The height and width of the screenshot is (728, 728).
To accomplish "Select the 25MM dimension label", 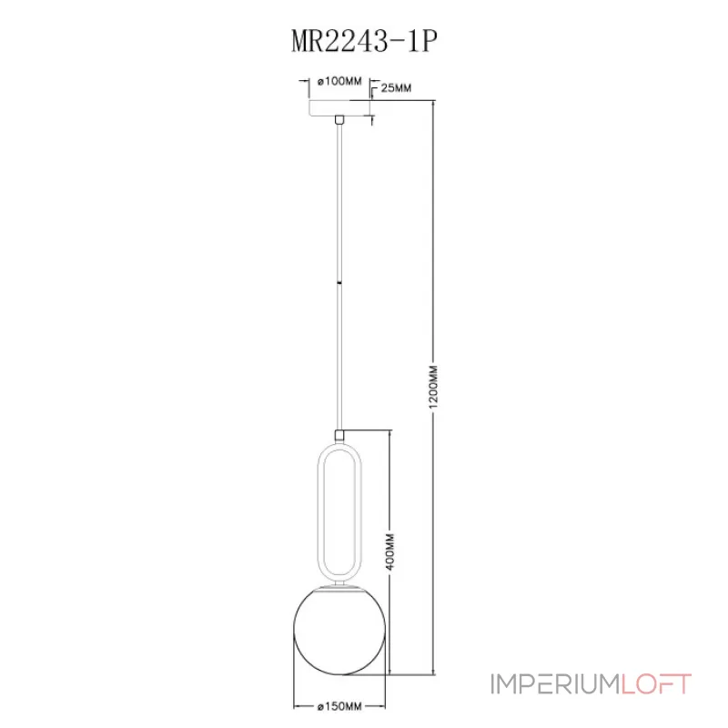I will click(x=394, y=88).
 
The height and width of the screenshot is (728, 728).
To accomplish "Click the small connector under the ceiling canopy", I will click(x=339, y=120).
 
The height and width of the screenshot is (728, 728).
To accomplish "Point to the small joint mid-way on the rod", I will click(x=339, y=284).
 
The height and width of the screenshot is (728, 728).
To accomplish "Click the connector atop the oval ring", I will click(x=339, y=436).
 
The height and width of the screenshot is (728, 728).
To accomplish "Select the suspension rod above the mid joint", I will click(x=339, y=200).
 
